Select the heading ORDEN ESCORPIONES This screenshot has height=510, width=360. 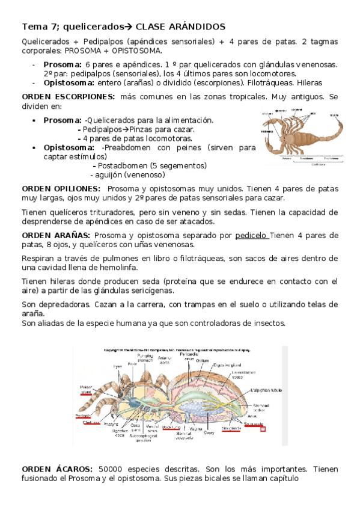tap(68, 96)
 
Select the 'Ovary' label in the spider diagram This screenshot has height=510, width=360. tap(210, 432)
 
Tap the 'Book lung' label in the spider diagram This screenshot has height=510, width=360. tap(170, 427)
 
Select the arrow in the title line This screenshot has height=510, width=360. tap(127, 27)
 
